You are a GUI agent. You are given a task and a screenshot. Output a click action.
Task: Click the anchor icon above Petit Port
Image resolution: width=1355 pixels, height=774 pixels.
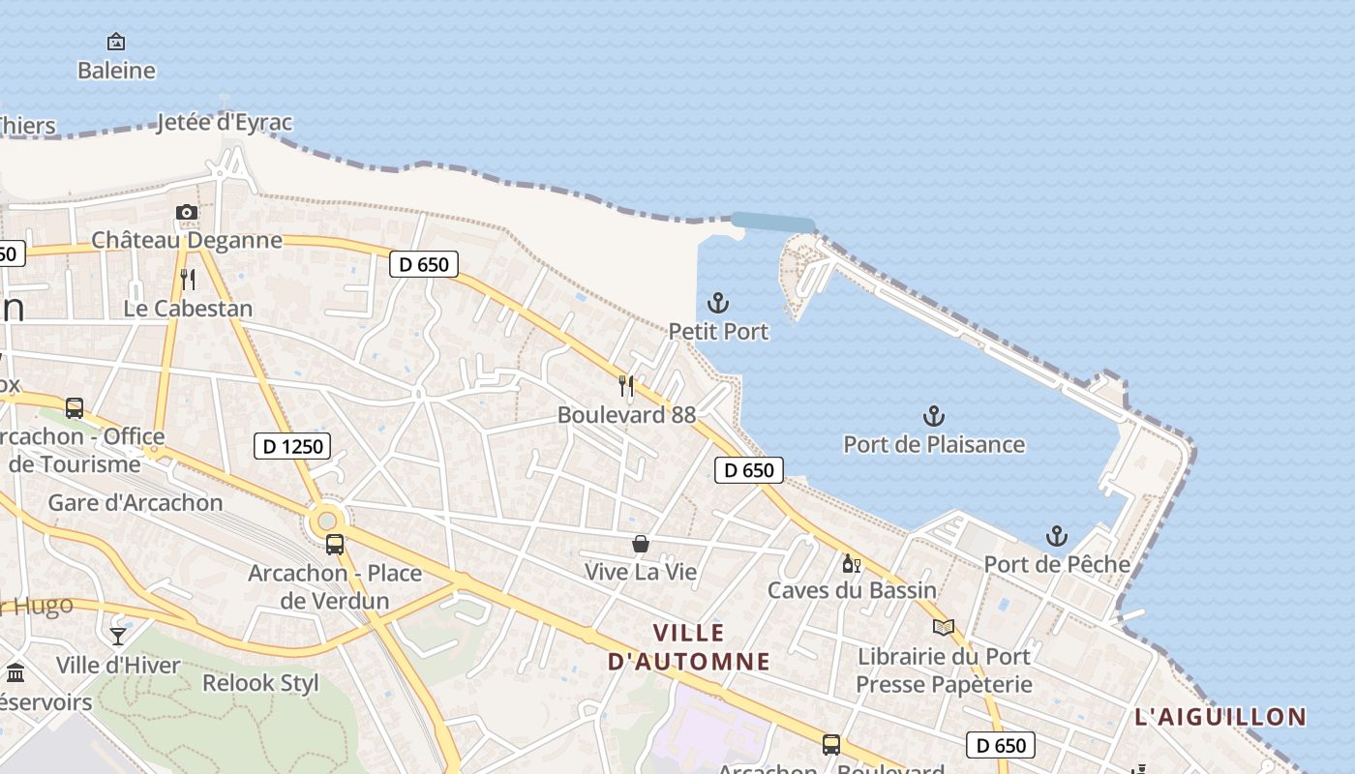pyautogui.click(x=718, y=303)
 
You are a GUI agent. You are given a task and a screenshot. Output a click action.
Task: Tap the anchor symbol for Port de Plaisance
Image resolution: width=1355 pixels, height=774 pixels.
pyautogui.click(x=933, y=416)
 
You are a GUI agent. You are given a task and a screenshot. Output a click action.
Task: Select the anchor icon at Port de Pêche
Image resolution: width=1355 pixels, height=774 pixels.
pyautogui.click(x=1057, y=535)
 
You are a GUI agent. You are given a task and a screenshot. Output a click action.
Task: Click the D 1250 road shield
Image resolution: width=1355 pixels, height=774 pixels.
pyautogui.click(x=292, y=446)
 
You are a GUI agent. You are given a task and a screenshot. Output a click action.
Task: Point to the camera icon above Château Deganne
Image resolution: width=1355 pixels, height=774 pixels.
pyautogui.click(x=187, y=212)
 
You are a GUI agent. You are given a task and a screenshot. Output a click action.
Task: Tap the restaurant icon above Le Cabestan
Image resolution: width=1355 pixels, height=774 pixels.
pyautogui.click(x=188, y=280)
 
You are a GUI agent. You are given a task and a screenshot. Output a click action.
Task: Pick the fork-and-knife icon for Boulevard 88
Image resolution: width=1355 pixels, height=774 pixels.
pyautogui.click(x=626, y=386)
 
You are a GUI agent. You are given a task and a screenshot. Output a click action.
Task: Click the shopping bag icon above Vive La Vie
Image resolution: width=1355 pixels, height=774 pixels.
pyautogui.click(x=640, y=544)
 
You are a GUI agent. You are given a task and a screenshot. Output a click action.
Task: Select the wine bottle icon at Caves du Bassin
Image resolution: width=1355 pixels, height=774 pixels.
pyautogui.click(x=852, y=563)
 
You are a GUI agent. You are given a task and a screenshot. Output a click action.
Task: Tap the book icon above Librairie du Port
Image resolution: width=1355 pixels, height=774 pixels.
pyautogui.click(x=944, y=627)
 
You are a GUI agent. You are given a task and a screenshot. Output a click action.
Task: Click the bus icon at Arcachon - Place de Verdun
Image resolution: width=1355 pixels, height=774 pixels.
pyautogui.click(x=335, y=544)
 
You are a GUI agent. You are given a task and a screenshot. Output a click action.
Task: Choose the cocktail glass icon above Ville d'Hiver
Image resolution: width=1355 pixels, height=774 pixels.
pyautogui.click(x=118, y=636)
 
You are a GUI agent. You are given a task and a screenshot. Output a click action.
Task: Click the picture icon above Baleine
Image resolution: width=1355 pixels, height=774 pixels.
pyautogui.click(x=116, y=42)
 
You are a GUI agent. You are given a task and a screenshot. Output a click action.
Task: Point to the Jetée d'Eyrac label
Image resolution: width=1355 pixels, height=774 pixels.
pyautogui.click(x=225, y=123)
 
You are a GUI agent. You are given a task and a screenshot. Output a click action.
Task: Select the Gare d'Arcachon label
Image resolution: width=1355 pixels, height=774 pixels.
pyautogui.click(x=135, y=502)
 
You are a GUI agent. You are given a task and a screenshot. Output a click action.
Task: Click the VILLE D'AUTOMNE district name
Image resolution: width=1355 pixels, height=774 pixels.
pyautogui.click(x=689, y=647)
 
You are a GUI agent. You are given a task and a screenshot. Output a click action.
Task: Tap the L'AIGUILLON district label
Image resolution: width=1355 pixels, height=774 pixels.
pyautogui.click(x=1220, y=717)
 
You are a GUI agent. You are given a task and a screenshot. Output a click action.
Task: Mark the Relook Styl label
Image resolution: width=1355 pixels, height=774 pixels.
pyautogui.click(x=260, y=682)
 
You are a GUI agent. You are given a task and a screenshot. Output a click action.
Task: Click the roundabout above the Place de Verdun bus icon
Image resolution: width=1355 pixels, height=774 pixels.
pyautogui.click(x=326, y=521)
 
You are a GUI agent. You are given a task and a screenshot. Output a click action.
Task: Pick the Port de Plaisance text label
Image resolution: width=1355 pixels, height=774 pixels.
pyautogui.click(x=934, y=444)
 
